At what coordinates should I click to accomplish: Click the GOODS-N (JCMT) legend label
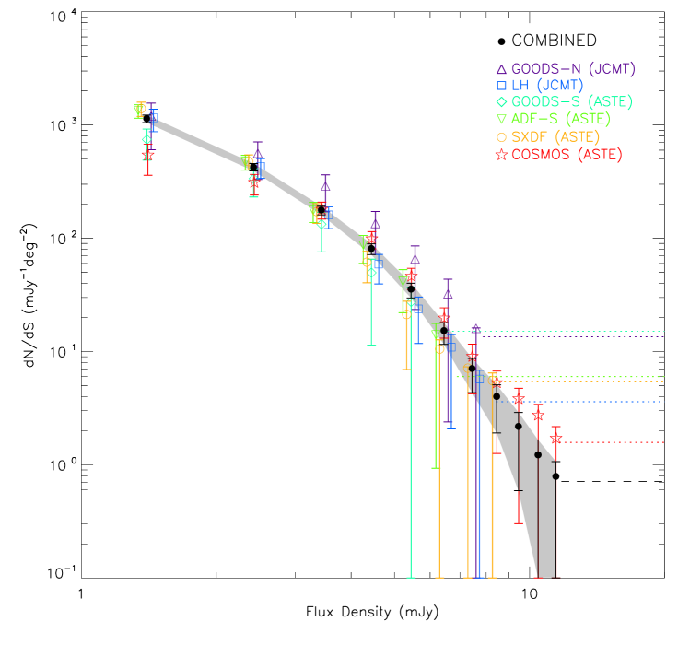573,69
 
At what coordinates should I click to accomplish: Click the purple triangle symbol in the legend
501,69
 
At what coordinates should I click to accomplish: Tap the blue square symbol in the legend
501,86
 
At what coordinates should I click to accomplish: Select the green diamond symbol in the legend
501,102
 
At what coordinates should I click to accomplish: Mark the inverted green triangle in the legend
501,119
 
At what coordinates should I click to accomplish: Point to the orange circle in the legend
501,136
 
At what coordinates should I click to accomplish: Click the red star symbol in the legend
501,155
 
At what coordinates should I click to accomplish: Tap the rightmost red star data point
555,440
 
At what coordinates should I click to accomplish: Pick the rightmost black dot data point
555,476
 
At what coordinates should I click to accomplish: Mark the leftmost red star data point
148,155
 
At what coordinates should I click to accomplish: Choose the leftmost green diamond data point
146,139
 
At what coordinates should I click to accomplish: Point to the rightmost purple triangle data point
475,328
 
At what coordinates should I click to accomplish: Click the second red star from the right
538,416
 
